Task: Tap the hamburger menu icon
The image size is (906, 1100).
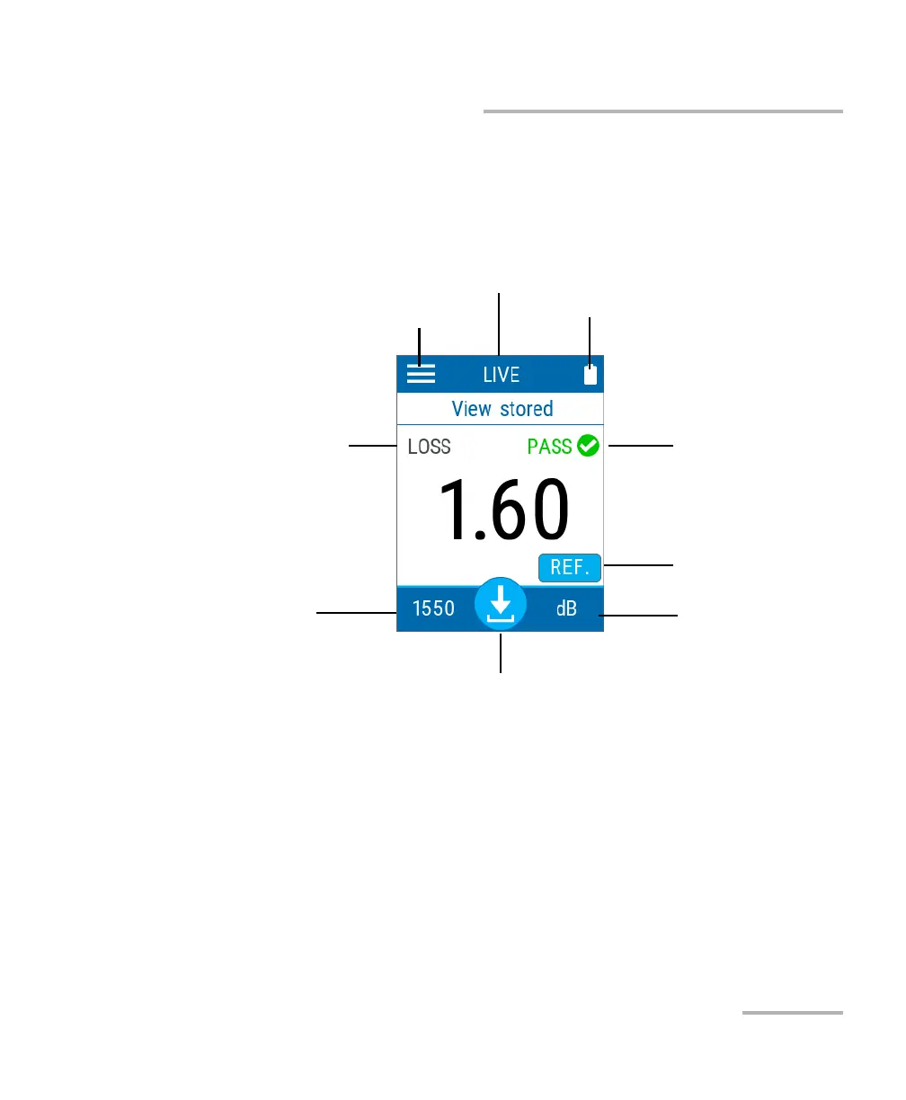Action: coord(421,374)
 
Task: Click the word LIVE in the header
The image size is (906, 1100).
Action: coord(501,375)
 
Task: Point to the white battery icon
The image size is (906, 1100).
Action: coord(591,375)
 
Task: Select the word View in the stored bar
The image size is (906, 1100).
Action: coord(471,409)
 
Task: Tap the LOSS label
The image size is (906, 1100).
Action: coord(429,447)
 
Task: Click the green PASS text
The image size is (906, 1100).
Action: coord(549,447)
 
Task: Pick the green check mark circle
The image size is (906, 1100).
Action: coord(588,446)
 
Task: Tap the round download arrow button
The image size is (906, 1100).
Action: coord(501,603)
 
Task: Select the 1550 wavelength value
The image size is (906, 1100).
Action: coord(433,608)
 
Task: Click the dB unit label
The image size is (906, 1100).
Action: coord(566,608)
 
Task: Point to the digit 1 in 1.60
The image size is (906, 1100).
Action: coord(454,510)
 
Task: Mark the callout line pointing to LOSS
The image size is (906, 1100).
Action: coord(372,444)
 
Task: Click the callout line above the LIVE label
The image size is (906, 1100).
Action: coord(499,324)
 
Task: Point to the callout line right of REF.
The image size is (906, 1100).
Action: coord(638,565)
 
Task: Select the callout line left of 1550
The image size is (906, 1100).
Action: coord(356,613)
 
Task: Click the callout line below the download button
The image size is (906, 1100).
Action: coord(500,653)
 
